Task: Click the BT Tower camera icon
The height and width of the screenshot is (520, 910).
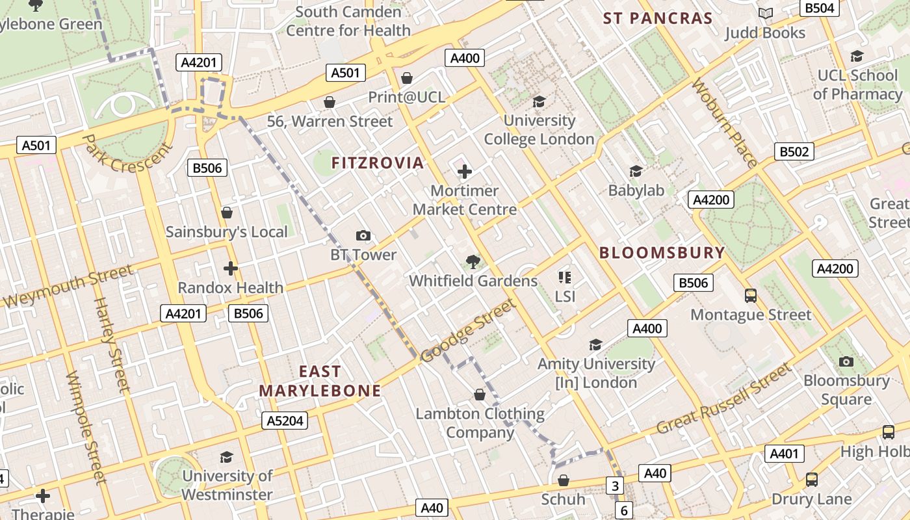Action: (363, 235)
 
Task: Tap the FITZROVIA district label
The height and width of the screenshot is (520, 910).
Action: (378, 162)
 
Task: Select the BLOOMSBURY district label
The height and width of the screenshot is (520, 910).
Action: (662, 253)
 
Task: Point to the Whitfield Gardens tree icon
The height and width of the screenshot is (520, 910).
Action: (473, 262)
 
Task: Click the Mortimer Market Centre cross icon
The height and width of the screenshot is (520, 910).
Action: (465, 172)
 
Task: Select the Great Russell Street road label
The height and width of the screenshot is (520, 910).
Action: (725, 398)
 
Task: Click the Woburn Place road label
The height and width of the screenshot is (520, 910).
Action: (725, 123)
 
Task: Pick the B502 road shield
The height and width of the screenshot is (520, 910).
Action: (794, 151)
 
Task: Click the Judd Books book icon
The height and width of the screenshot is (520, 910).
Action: (766, 14)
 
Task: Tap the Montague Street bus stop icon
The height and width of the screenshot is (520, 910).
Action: (751, 296)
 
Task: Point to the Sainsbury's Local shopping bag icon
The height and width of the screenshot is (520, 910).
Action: (227, 213)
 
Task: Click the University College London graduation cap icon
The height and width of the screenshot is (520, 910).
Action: (539, 101)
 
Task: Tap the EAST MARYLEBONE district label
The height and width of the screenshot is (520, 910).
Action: (320, 381)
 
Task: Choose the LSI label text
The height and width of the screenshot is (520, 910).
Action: (565, 296)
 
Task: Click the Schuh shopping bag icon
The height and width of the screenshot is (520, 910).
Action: (564, 480)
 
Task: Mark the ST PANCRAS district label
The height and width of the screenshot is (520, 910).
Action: (658, 18)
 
